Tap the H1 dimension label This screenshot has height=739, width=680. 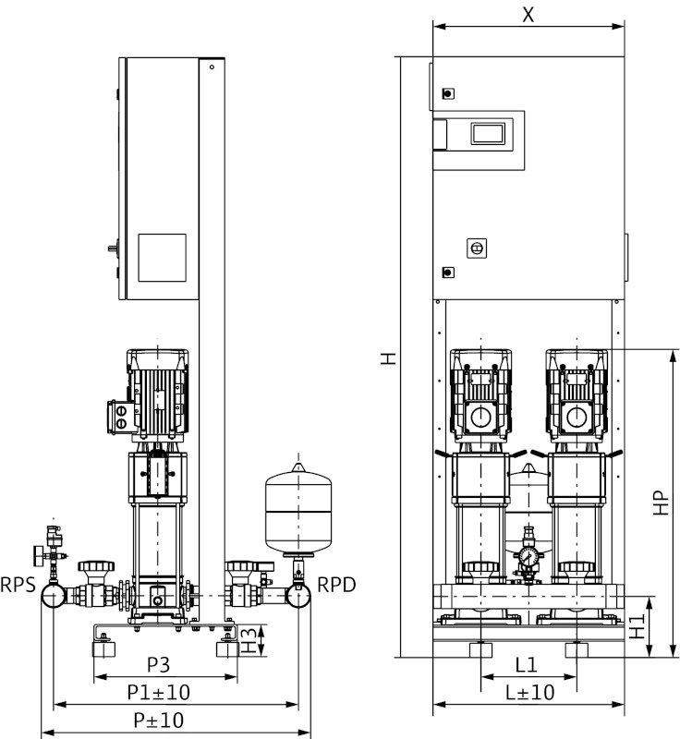tap(637, 628)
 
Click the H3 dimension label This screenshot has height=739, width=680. tap(248, 640)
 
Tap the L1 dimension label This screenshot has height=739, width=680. tap(527, 665)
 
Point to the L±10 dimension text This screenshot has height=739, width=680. tap(529, 692)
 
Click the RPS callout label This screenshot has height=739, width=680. tap(19, 584)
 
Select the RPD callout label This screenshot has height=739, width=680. tap(335, 584)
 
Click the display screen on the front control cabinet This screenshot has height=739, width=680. tap(488, 133)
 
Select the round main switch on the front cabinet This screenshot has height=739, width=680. tap(478, 248)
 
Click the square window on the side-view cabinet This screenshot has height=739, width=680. tap(162, 259)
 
